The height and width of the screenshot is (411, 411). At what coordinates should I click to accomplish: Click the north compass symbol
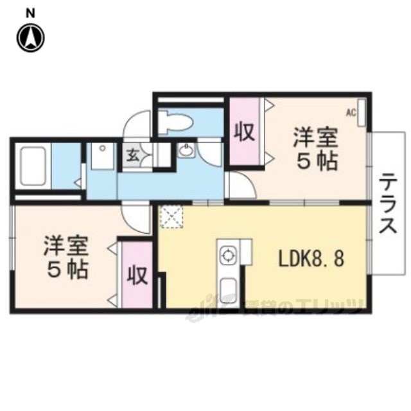[31, 37]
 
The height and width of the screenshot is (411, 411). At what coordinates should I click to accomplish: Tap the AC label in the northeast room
[351, 112]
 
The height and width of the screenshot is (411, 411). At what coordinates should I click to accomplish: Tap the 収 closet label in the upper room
[245, 132]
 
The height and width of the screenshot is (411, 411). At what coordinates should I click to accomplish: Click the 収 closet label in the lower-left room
[137, 275]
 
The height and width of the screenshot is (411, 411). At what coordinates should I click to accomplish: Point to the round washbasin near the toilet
[186, 152]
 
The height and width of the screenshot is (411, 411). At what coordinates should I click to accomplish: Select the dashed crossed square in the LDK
[172, 217]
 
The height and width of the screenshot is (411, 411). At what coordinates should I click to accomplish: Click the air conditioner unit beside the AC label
[362, 113]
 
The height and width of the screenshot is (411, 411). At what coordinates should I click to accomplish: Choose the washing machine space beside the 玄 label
[100, 155]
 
